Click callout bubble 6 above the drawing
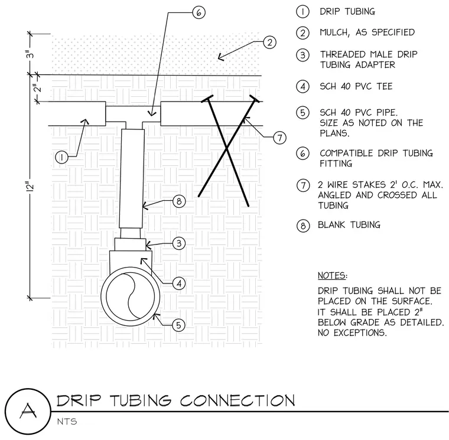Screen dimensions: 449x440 [x=199, y=12]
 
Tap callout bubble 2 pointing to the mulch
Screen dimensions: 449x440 [x=269, y=43]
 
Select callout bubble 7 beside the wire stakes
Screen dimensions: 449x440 [x=280, y=138]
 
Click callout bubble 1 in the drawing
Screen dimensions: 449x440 [x=62, y=157]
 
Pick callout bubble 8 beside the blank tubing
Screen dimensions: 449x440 [x=179, y=201]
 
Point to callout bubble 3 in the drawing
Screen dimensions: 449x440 [x=179, y=243]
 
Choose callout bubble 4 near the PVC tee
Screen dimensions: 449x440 [x=179, y=283]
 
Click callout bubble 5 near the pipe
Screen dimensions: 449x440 [x=178, y=325]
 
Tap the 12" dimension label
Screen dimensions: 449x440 [x=30, y=186]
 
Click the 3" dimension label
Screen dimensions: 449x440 [x=30, y=54]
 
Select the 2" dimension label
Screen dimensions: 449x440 [x=37, y=88]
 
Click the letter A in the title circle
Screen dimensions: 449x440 [x=28, y=410]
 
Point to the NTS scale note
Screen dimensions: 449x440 [x=67, y=421]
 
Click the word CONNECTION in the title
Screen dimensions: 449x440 [x=237, y=400]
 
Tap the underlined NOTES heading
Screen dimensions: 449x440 [x=333, y=276]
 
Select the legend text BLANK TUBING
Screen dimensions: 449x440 [x=349, y=225]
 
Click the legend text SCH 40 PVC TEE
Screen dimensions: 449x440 [x=356, y=86]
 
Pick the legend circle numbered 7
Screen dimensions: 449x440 [x=303, y=185]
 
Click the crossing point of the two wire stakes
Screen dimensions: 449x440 [x=226, y=148]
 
